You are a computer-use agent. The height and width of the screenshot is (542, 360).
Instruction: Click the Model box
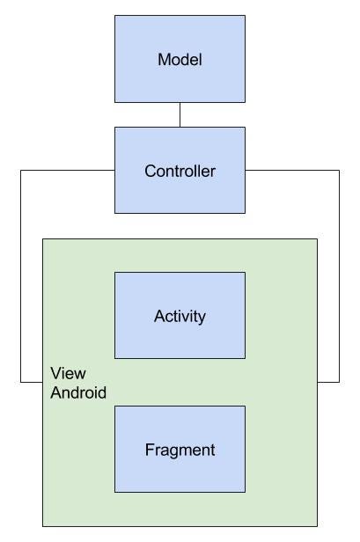click(x=180, y=59)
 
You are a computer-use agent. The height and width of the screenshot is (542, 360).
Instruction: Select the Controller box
click(x=180, y=170)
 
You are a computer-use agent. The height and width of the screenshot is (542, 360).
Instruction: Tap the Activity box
click(x=180, y=315)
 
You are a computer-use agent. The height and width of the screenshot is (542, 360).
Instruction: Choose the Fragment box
click(x=180, y=449)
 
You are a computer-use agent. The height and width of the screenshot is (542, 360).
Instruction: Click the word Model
click(x=180, y=60)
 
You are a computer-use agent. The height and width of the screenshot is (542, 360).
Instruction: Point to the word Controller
click(x=180, y=171)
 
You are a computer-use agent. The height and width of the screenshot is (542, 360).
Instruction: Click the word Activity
click(x=180, y=317)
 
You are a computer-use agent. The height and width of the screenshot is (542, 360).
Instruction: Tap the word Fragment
click(x=180, y=450)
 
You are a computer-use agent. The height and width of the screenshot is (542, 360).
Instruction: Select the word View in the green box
click(x=68, y=373)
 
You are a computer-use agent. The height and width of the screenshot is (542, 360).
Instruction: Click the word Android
click(x=78, y=392)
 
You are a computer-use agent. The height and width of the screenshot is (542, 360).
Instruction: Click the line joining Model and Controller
click(x=180, y=114)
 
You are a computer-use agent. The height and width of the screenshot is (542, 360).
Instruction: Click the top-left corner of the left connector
click(x=21, y=170)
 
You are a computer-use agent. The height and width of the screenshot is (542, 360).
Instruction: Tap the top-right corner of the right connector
click(x=339, y=170)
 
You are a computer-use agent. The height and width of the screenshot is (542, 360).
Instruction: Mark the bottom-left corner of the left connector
click(x=21, y=382)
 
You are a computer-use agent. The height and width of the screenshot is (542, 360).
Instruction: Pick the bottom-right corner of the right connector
click(x=339, y=382)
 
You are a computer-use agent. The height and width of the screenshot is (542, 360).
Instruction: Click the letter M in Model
click(x=164, y=60)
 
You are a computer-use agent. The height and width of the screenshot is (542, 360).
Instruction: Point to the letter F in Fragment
click(x=150, y=450)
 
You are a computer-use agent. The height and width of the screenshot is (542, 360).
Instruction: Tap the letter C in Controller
click(x=151, y=171)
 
